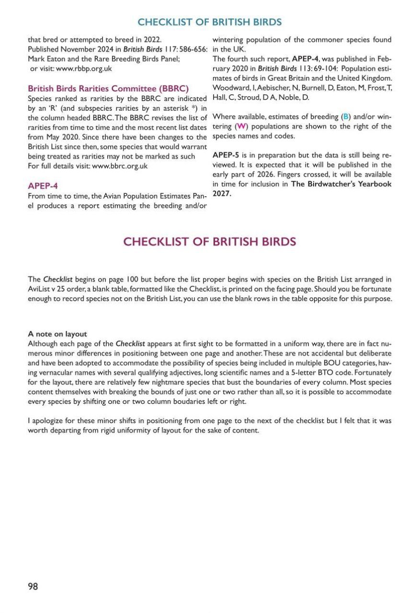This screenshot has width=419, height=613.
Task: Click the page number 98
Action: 33,586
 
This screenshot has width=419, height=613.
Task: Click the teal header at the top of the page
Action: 209,22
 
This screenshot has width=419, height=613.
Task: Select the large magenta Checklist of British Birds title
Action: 209,241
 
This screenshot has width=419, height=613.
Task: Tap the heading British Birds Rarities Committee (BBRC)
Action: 108,89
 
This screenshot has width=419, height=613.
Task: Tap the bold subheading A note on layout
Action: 57,334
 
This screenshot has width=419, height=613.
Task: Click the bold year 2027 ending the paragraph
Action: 221,193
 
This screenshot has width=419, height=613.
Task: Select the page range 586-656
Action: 190,49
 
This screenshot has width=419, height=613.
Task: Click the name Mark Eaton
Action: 45,59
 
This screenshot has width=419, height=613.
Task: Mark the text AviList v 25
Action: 49,289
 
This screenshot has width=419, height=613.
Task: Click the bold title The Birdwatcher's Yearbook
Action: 341,184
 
